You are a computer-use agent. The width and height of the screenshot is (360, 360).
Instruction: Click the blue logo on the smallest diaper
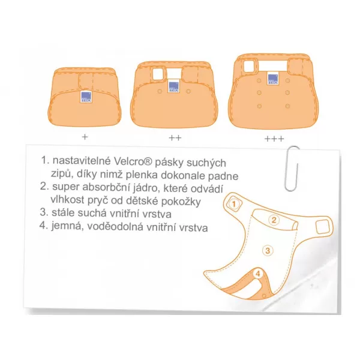click(x=86, y=97)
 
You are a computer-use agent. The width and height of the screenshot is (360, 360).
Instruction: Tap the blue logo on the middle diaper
click(x=174, y=86)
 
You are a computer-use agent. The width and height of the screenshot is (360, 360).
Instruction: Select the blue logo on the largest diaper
click(x=273, y=79)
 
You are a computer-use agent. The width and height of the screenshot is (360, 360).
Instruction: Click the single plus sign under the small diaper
click(x=85, y=137)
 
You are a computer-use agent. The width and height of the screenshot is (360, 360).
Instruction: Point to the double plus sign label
click(x=175, y=138)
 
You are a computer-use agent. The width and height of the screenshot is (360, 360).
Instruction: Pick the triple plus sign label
click(x=274, y=139)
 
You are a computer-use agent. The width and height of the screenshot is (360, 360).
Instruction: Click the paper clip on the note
click(x=292, y=168)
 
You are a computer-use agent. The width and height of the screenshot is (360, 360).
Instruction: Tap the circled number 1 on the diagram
click(x=234, y=204)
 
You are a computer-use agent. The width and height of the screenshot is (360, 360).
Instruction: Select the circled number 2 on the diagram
click(x=274, y=220)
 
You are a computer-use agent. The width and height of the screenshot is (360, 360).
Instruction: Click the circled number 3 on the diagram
click(x=268, y=250)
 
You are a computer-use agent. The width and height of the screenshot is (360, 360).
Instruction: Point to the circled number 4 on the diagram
click(x=258, y=274)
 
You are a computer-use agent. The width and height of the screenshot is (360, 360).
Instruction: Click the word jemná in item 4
click(x=67, y=226)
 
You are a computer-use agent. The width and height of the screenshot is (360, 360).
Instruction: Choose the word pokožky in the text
click(x=181, y=202)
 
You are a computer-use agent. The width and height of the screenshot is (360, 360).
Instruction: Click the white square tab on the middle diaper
click(x=157, y=74)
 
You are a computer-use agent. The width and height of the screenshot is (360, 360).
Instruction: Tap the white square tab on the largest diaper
click(x=248, y=65)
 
